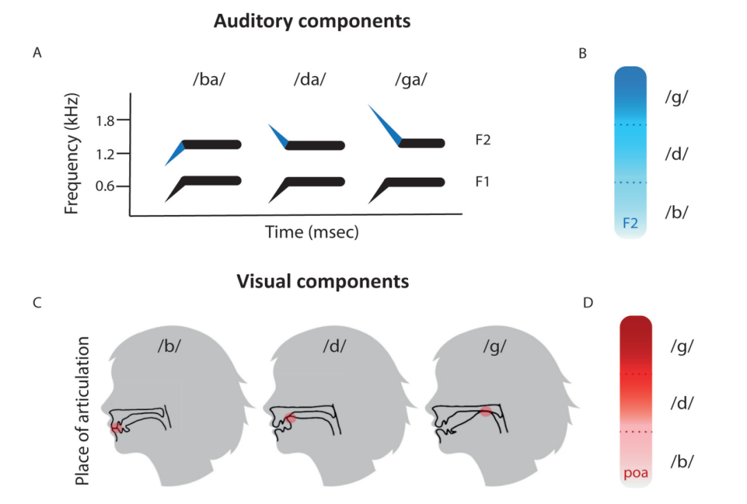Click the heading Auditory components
pyautogui.click(x=311, y=21)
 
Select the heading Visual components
pyautogui.click(x=322, y=281)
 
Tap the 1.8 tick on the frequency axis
pyautogui.click(x=105, y=120)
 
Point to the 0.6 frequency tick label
pyautogui.click(x=105, y=186)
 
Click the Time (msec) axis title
pyautogui.click(x=312, y=232)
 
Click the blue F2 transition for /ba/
pyautogui.click(x=175, y=153)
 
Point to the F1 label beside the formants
pyautogui.click(x=483, y=182)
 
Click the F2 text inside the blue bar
pyautogui.click(x=630, y=223)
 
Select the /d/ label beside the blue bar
pyautogui.click(x=676, y=153)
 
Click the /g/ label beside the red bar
pyautogui.click(x=682, y=346)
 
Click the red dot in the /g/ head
pyautogui.click(x=486, y=411)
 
